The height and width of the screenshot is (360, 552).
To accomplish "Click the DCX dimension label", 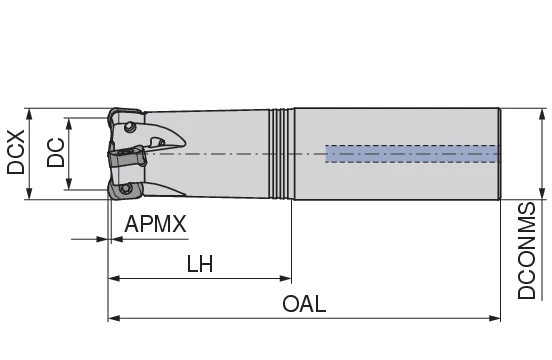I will point(16,153).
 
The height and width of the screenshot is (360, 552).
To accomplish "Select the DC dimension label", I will point(55,153).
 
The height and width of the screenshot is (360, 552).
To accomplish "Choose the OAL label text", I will point(304,304).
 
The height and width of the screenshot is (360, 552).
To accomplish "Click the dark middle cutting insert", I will point(122,157).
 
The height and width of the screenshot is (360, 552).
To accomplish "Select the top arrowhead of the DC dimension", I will point(68,122).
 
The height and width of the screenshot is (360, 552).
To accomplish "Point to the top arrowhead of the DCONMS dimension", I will point(541,111).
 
